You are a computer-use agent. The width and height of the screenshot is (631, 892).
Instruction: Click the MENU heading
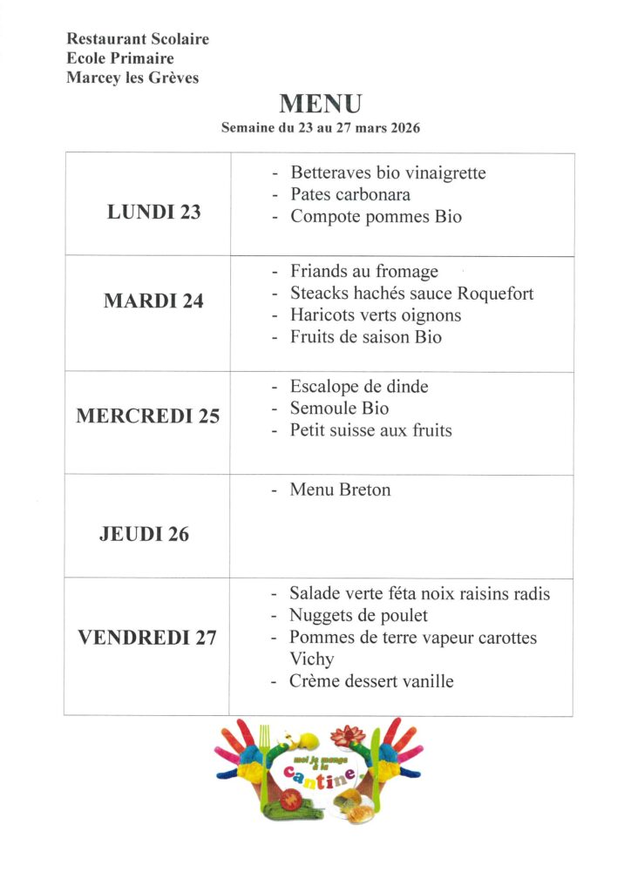pos(320,105)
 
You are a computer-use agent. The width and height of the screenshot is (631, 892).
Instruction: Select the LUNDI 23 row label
pos(153,212)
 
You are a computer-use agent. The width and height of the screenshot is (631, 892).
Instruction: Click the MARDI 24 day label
pos(153,301)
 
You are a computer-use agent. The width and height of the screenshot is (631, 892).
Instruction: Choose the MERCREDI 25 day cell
pos(147,416)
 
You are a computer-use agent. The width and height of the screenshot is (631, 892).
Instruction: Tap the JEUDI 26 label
pos(144,534)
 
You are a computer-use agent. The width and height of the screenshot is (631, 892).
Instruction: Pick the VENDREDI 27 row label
pos(147,638)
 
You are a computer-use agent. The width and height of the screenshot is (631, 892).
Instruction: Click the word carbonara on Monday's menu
pos(374,194)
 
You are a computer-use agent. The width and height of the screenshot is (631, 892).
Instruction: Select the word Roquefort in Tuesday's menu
pos(495,294)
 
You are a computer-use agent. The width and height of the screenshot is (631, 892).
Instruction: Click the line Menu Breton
pos(340,490)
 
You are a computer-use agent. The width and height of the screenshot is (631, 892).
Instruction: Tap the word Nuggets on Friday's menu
pos(322,616)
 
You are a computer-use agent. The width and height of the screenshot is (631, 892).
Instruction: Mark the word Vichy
pos(311,659)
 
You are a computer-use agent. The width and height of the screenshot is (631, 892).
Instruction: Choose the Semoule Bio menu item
pos(339,408)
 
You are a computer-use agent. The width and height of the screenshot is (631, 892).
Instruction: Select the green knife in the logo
pos(375,767)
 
